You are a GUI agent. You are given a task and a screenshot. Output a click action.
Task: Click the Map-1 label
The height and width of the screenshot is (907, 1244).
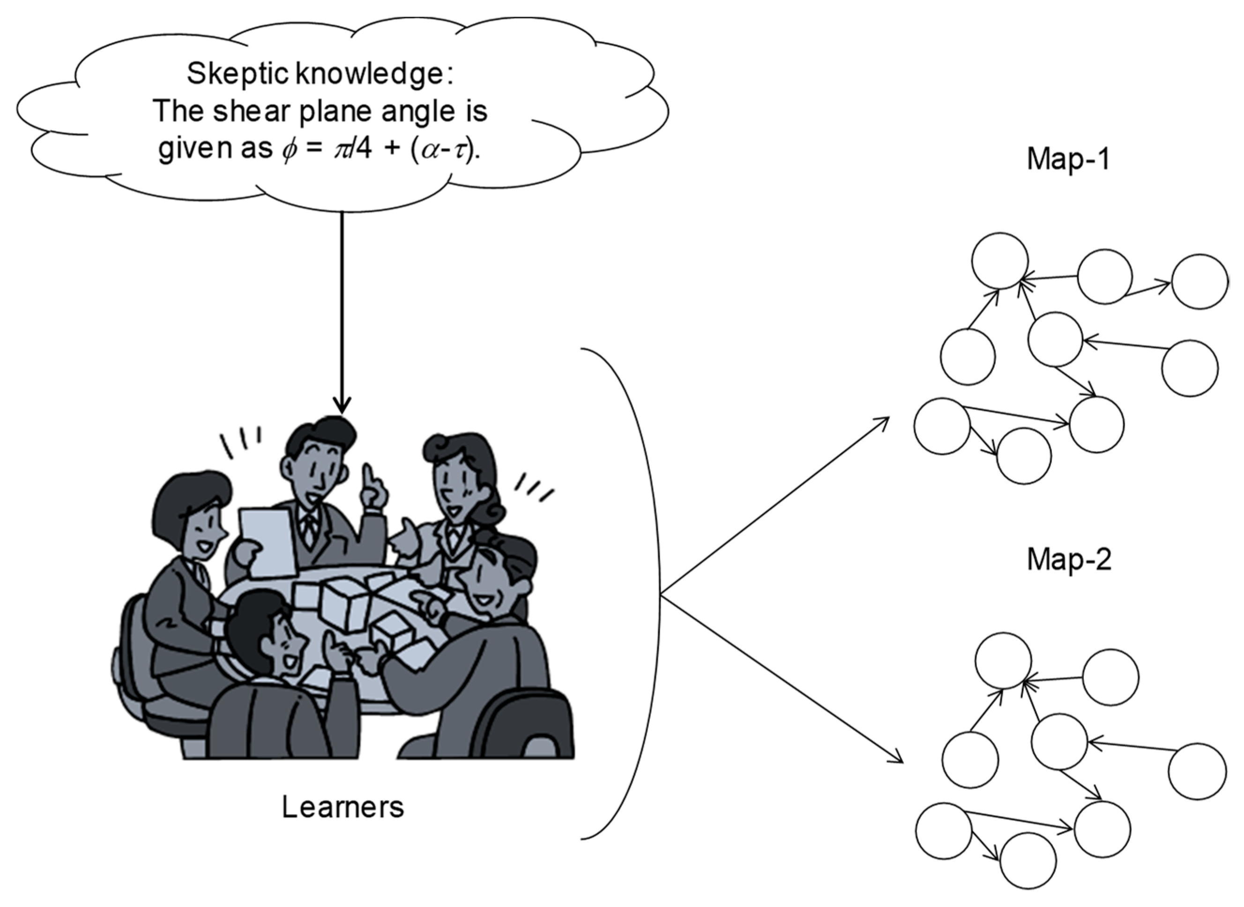pyautogui.click(x=1068, y=159)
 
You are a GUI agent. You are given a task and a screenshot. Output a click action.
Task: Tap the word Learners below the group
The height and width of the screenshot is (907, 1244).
pyautogui.click(x=343, y=807)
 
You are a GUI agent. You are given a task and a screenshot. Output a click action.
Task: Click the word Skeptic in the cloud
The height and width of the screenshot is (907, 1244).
pyautogui.click(x=238, y=73)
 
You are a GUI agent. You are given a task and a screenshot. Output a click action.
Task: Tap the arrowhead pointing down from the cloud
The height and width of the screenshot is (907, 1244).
pyautogui.click(x=342, y=407)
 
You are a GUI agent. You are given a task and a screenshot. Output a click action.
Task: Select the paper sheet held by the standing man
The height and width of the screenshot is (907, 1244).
pyautogui.click(x=266, y=540)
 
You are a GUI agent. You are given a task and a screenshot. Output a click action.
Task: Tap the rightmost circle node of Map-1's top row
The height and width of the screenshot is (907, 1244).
pyautogui.click(x=1200, y=281)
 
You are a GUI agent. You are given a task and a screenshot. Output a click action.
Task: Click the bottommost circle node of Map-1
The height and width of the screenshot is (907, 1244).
pyautogui.click(x=1024, y=456)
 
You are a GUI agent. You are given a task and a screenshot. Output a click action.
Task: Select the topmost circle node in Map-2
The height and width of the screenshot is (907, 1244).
pyautogui.click(x=1003, y=661)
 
